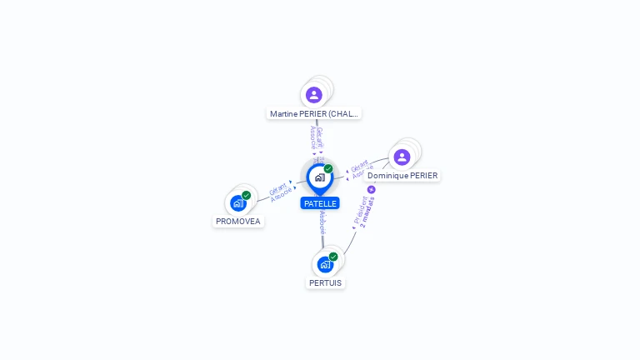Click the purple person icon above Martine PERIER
[314, 94]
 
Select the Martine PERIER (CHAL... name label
[314, 113]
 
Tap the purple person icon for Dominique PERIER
[402, 157]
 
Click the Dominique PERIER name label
[402, 176]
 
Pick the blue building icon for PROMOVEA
[238, 202]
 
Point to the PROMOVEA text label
[238, 222]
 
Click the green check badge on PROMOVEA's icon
[246, 195]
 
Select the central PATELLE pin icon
[319, 177]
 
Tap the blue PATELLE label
[320, 203]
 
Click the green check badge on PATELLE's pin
[328, 169]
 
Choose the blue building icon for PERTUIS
[325, 264]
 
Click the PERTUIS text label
[325, 282]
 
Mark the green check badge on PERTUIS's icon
[333, 257]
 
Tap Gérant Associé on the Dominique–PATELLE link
[358, 169]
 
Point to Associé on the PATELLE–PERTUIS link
[322, 222]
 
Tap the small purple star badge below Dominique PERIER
[372, 189]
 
